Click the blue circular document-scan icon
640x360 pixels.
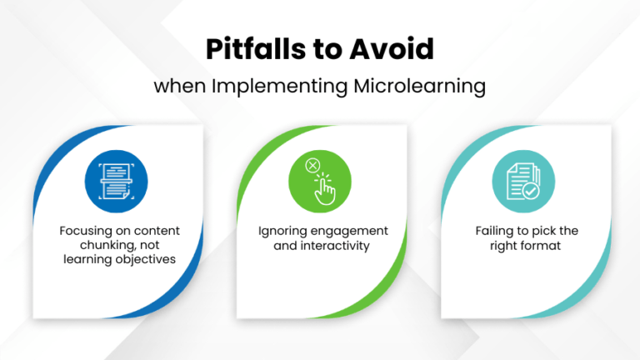pos(116,182)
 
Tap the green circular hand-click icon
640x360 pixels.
pos(319,182)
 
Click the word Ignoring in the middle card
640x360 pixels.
pos(282,231)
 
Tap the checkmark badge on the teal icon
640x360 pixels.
pos(530,192)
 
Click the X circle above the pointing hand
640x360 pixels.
pos(312,166)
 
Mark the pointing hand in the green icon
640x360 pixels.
pos(325,191)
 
